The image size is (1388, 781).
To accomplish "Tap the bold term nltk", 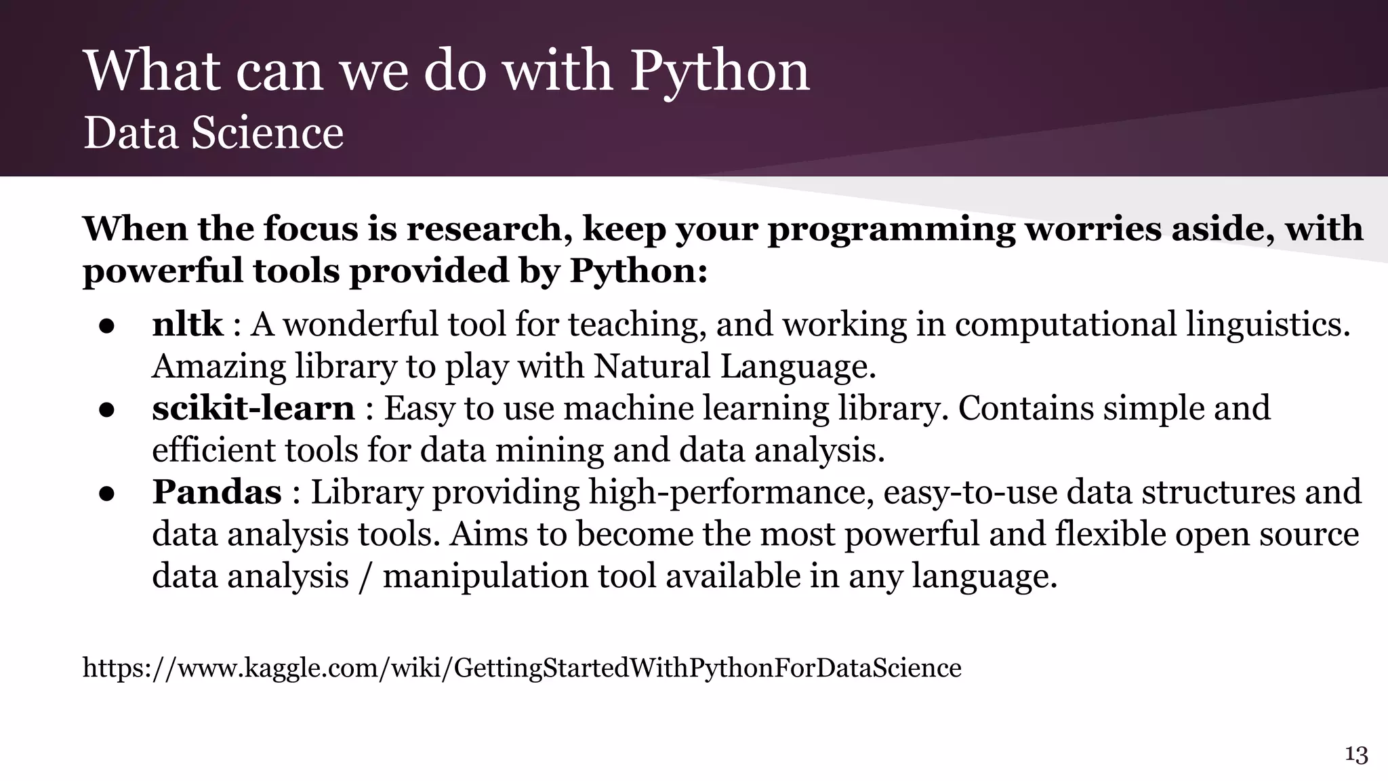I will click(x=187, y=324).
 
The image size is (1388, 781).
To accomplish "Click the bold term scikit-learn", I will click(x=253, y=408).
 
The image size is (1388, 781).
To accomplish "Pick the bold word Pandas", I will click(x=216, y=492).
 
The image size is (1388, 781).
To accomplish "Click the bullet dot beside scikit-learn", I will click(x=106, y=411).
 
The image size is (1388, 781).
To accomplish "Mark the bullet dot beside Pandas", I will click(x=106, y=494).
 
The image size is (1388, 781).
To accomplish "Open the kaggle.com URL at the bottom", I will click(x=521, y=668).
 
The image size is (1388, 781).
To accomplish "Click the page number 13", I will click(x=1356, y=755).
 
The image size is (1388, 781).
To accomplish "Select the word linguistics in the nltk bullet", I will click(x=1267, y=325).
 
